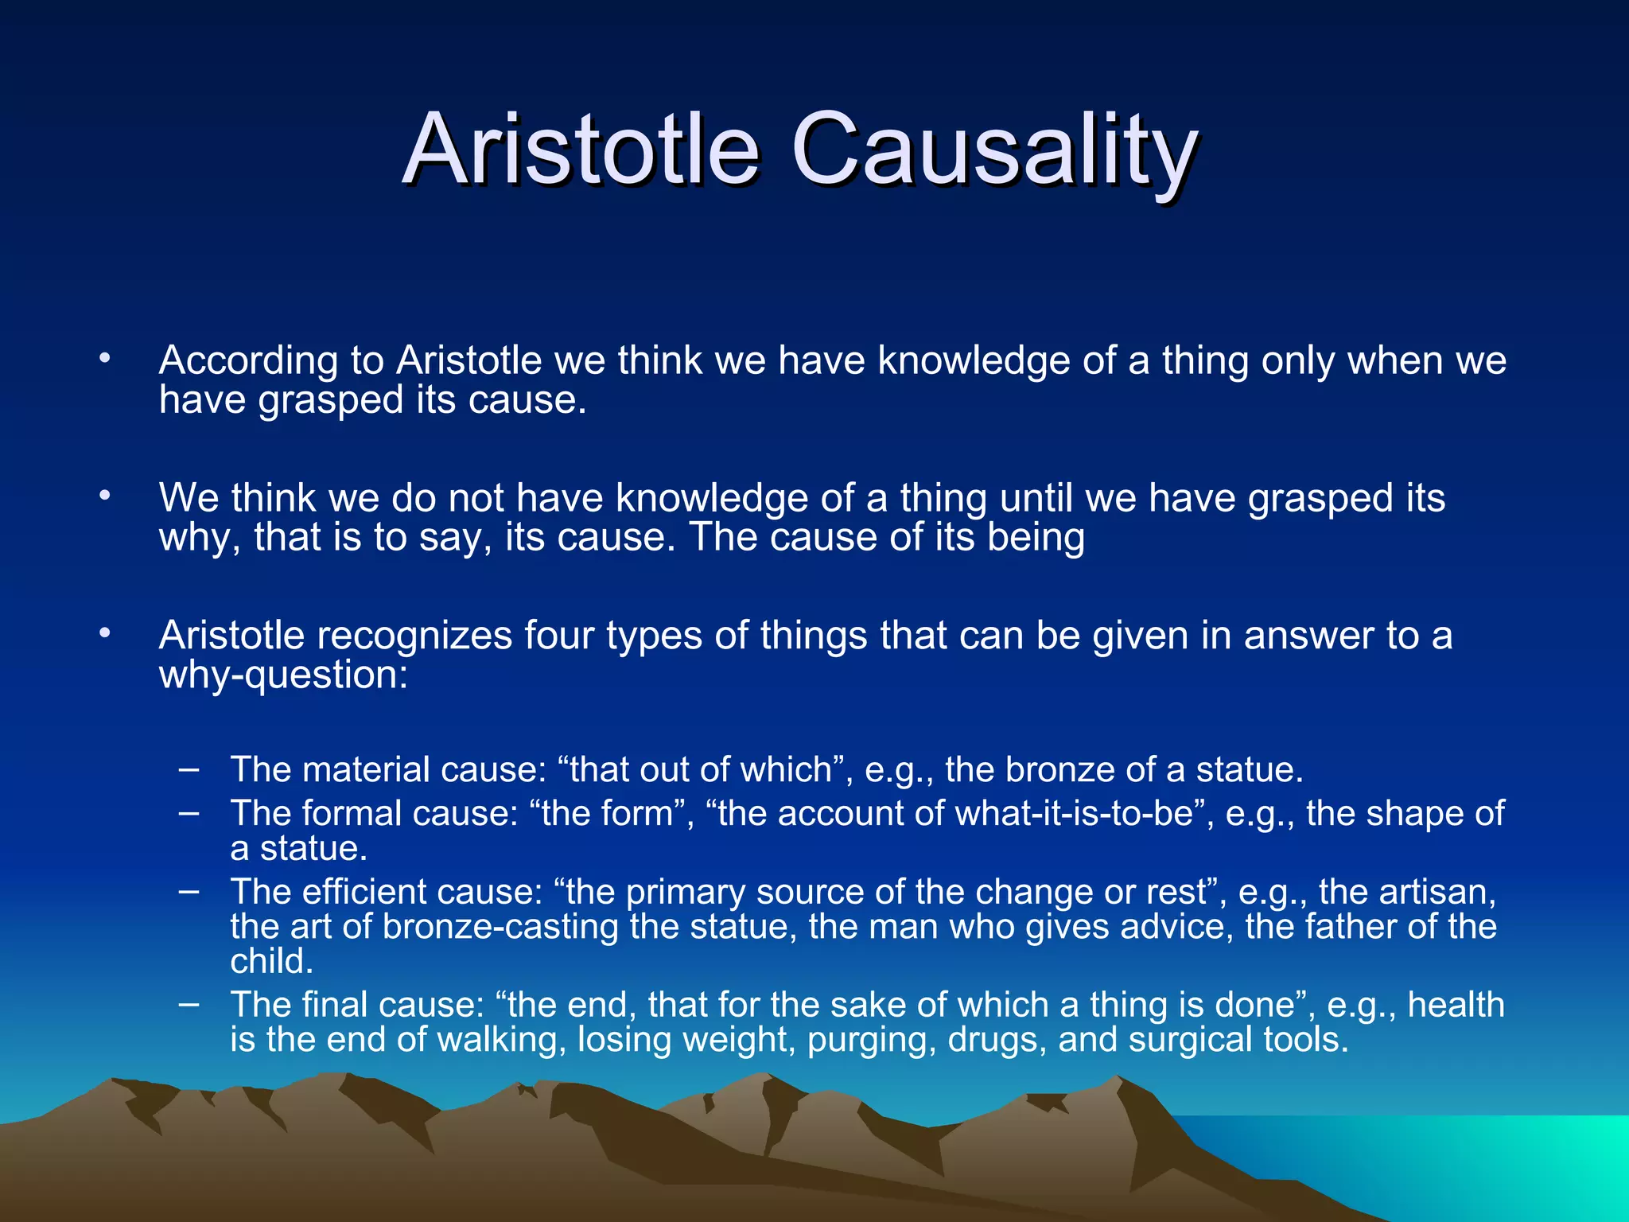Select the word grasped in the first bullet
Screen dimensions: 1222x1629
click(x=331, y=400)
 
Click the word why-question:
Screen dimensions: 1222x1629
click(x=283, y=675)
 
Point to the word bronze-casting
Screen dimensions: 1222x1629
click(x=500, y=928)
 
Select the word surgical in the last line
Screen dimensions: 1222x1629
click(x=1190, y=1040)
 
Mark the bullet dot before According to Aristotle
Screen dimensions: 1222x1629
click(x=104, y=360)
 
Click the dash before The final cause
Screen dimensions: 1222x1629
click(x=189, y=1004)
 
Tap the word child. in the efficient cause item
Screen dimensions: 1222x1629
click(x=272, y=962)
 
